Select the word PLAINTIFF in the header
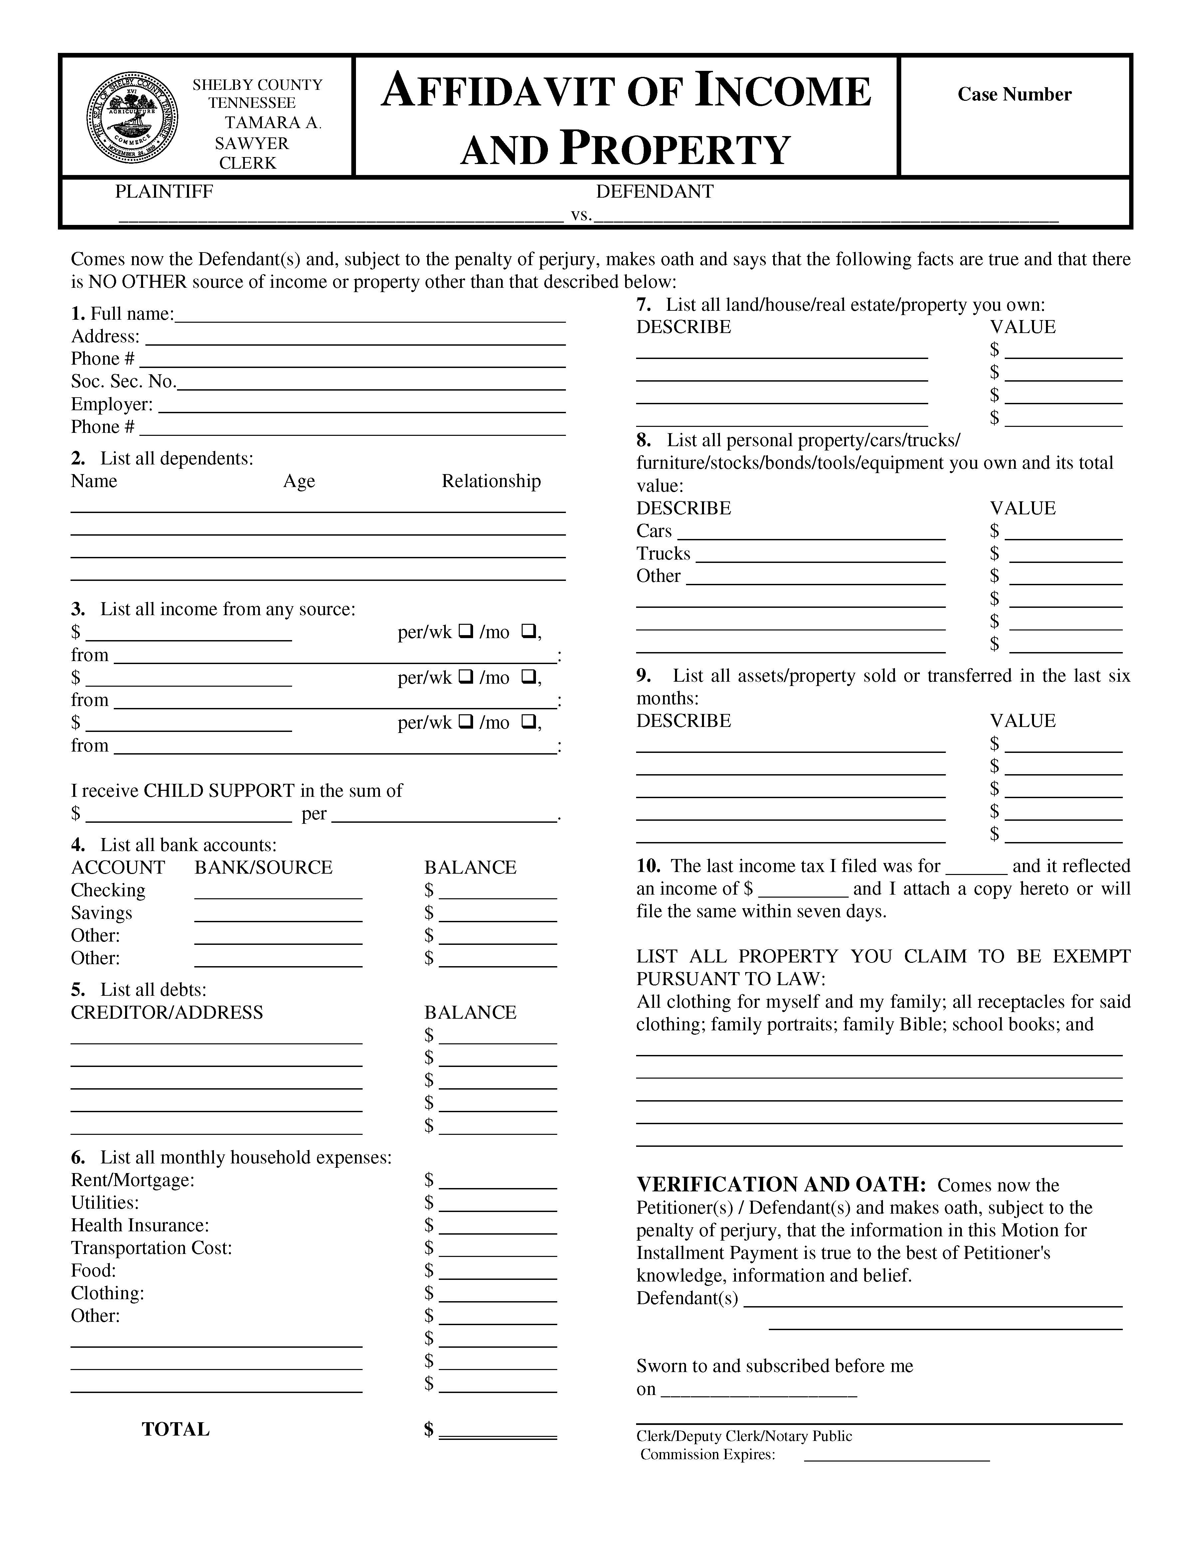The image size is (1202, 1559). tap(164, 191)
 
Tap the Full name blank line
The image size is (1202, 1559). tap(370, 315)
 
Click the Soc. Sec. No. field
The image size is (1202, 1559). tap(371, 383)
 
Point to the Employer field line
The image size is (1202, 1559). tap(362, 406)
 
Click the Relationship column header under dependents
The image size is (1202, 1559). tap(491, 481)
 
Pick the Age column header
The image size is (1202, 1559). tap(299, 481)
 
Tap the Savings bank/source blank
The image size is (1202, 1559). tap(278, 915)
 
